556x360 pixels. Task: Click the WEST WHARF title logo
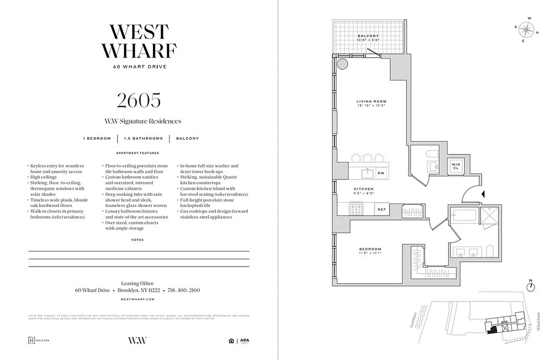point(139,41)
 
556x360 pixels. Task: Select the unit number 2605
point(139,100)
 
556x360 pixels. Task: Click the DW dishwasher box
point(381,173)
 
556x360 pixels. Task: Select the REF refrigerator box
point(381,209)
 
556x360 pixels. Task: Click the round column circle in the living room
point(343,63)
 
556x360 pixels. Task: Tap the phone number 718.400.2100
point(184,290)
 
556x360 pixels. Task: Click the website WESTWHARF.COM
point(138,299)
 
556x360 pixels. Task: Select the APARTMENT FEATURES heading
point(138,153)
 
